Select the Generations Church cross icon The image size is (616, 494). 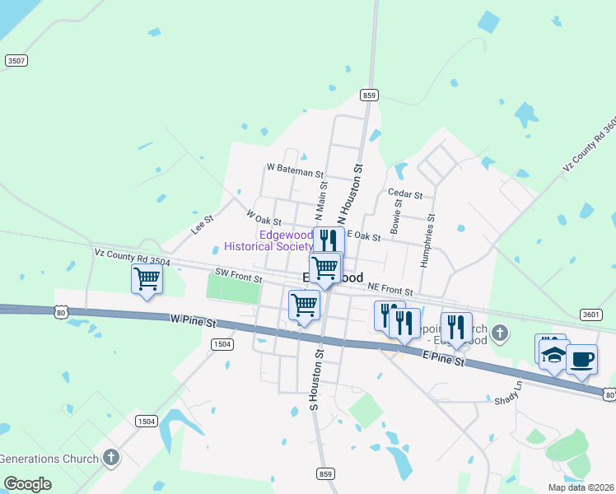click(113, 458)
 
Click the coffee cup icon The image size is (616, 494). click(582, 359)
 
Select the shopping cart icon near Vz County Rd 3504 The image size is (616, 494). click(147, 278)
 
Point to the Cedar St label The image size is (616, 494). click(404, 195)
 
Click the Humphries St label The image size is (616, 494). click(427, 241)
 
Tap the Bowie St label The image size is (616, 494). click(397, 212)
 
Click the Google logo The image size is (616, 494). click(28, 483)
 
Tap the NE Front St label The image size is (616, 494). click(390, 291)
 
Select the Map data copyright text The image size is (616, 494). click(581, 487)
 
